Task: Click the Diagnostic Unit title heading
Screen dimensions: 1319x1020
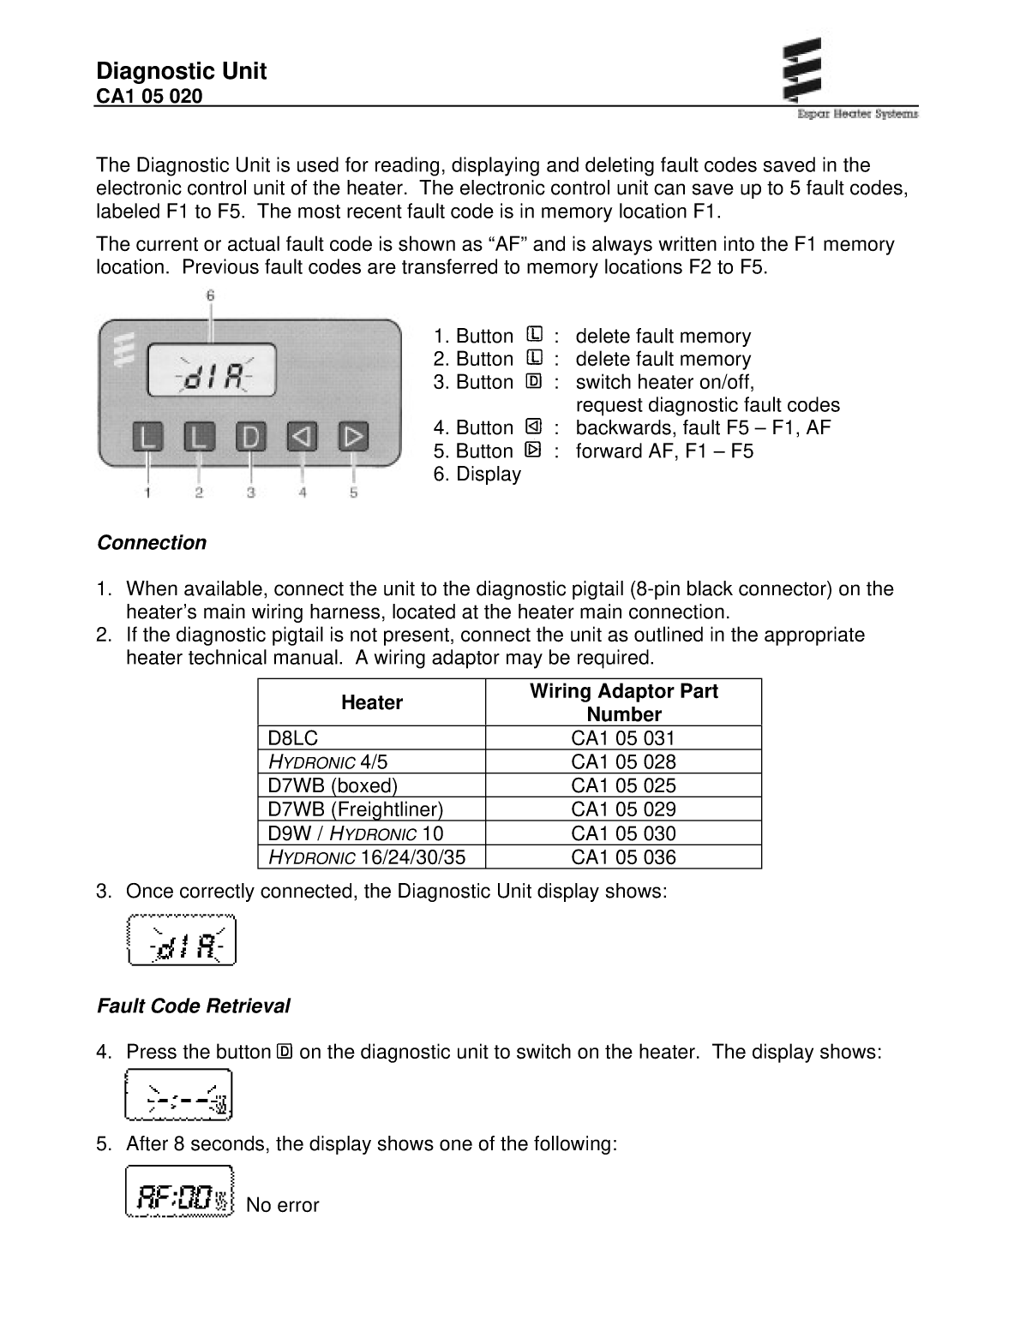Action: coord(181,71)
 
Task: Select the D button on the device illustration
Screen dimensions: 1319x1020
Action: coord(250,438)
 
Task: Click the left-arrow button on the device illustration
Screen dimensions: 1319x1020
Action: coord(302,438)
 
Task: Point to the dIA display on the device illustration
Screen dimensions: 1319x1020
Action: coord(212,371)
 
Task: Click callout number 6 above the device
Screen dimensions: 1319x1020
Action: coord(210,295)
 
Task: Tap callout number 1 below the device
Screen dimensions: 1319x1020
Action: coord(148,492)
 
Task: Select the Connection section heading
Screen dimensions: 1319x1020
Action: coord(152,543)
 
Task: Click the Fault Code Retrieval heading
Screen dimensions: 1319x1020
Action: coord(193,1006)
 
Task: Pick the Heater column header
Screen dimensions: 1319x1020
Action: coord(371,703)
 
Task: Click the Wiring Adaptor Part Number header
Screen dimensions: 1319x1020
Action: coord(623,703)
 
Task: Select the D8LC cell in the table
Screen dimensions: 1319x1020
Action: coord(293,738)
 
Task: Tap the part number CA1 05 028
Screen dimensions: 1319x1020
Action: coord(623,762)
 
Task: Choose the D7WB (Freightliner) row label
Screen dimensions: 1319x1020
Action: coord(355,809)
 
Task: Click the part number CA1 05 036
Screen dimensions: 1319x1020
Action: coord(623,857)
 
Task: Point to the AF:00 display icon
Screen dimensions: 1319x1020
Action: coord(179,1191)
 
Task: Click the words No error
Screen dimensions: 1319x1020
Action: coord(282,1205)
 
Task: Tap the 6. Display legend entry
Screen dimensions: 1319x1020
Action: coord(477,474)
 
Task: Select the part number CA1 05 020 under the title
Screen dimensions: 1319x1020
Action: coord(149,96)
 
